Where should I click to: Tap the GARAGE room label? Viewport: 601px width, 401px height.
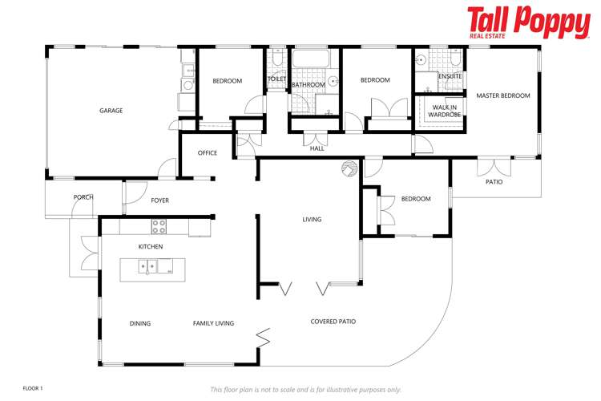pyautogui.click(x=111, y=111)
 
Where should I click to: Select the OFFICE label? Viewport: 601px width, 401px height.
pyautogui.click(x=208, y=153)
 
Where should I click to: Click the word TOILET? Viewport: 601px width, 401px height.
pyautogui.click(x=276, y=79)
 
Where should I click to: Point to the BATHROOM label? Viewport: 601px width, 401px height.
pyautogui.click(x=309, y=84)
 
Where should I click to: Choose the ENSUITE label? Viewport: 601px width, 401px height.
pyautogui.click(x=450, y=76)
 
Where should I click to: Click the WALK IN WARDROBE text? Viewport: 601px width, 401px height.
pyautogui.click(x=445, y=111)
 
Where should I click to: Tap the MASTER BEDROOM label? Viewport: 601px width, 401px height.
pyautogui.click(x=503, y=95)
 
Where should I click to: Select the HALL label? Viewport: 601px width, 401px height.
pyautogui.click(x=317, y=148)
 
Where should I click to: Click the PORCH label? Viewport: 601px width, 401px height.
pyautogui.click(x=83, y=196)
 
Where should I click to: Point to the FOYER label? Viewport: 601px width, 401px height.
pyautogui.click(x=159, y=200)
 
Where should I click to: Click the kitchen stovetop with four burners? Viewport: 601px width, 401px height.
pyautogui.click(x=159, y=226)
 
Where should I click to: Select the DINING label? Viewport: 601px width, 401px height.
pyautogui.click(x=140, y=323)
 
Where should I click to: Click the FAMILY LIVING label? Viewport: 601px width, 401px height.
pyautogui.click(x=213, y=323)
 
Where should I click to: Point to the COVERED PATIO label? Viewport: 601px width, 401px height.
pyautogui.click(x=333, y=322)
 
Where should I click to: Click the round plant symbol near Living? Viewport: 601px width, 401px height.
pyautogui.click(x=349, y=168)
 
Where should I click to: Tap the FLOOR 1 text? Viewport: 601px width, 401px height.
pyautogui.click(x=33, y=387)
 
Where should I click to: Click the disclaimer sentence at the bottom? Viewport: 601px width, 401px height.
pyautogui.click(x=305, y=389)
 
